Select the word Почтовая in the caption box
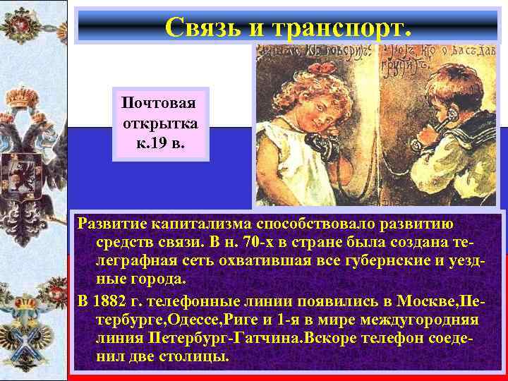(159, 103)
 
